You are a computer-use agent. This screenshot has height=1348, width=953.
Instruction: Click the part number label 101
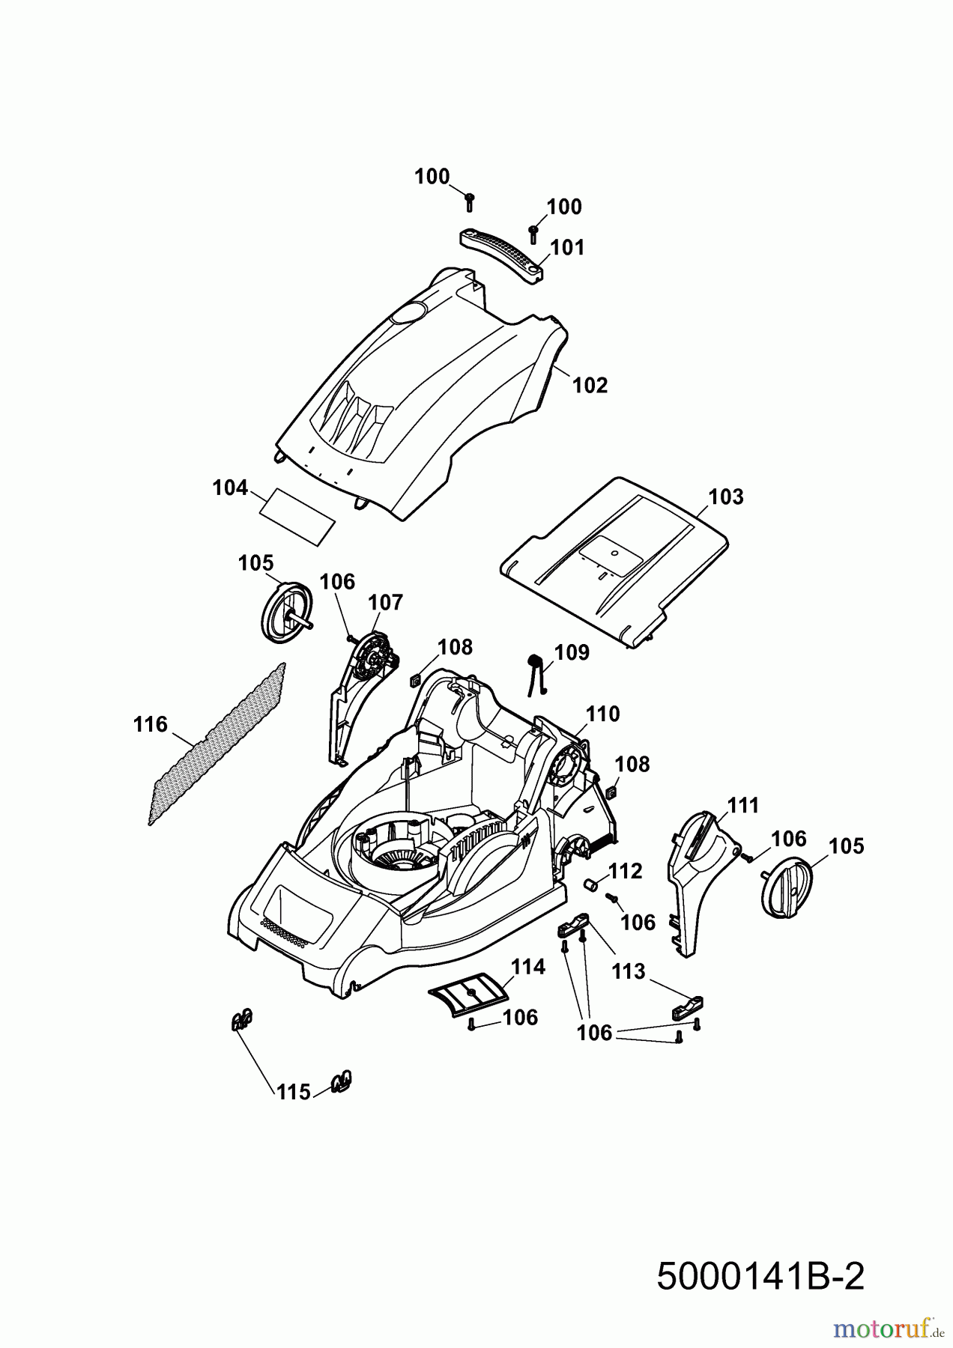coord(567,247)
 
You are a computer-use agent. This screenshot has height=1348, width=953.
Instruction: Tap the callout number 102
coord(590,385)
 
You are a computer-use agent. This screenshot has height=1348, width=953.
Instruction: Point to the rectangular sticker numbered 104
coord(297,517)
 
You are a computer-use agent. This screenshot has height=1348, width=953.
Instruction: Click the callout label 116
coord(150,724)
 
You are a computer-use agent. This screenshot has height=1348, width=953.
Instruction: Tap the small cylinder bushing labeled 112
coord(591,884)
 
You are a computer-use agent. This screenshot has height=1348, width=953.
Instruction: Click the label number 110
coord(603,714)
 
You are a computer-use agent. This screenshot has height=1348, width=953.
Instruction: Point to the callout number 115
coord(293,1093)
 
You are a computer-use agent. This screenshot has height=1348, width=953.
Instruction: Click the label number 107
coord(386,602)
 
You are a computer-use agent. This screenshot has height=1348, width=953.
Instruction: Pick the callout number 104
coord(230,488)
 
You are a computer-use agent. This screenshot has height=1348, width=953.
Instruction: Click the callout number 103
coord(726,497)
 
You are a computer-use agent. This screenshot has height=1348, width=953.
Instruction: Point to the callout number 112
coord(626,871)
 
